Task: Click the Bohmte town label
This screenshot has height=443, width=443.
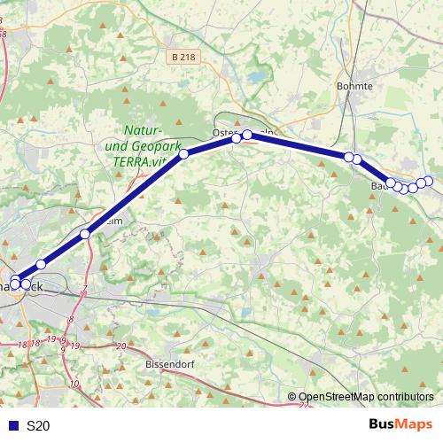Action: click(x=354, y=86)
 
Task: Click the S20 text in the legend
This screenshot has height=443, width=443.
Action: click(x=38, y=426)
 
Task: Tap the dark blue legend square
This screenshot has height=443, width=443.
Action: click(x=12, y=426)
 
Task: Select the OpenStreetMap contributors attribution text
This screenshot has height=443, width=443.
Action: click(x=366, y=397)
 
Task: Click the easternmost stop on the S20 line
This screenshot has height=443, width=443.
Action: click(x=429, y=182)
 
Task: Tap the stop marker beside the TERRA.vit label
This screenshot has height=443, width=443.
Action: click(x=184, y=154)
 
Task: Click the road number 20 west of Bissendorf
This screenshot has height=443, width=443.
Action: click(x=121, y=345)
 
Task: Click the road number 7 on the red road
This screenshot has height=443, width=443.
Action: click(x=83, y=290)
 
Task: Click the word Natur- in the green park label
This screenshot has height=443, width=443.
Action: click(x=142, y=129)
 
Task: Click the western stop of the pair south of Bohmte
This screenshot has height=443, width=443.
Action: click(x=348, y=157)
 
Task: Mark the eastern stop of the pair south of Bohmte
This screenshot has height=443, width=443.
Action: click(x=357, y=159)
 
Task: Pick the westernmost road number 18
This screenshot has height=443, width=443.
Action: click(x=22, y=342)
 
